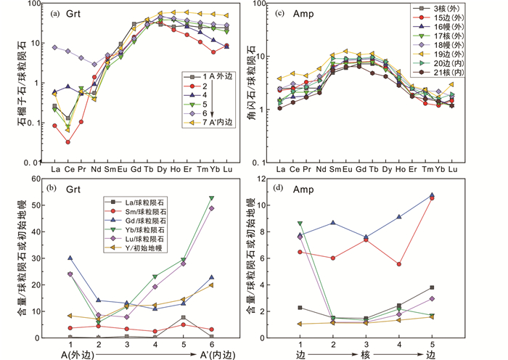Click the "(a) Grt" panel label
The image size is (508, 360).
pos(70,12)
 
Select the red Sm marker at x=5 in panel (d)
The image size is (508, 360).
pos(432,198)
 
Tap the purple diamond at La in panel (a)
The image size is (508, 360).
pos(55,47)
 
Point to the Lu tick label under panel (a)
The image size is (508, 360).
pos(229,168)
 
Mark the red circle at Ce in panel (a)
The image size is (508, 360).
pos(68,142)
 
